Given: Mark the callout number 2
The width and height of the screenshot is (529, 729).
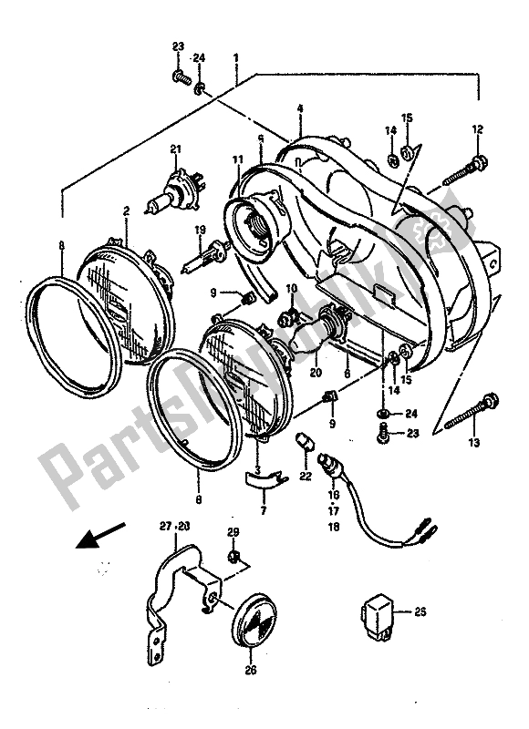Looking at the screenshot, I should [x=127, y=210].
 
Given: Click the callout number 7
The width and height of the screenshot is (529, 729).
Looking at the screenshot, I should [x=264, y=512].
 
